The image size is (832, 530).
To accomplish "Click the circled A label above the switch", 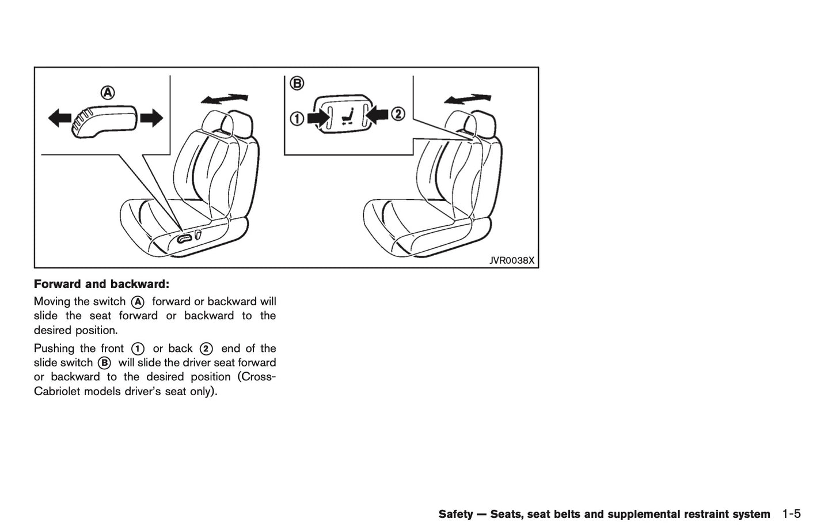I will [x=108, y=92].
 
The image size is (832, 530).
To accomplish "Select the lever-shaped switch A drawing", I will [x=104, y=120].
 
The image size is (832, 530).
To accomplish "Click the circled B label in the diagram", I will [x=296, y=84].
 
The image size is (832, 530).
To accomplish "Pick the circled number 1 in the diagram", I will [x=297, y=119].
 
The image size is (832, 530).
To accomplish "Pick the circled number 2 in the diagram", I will [x=397, y=114].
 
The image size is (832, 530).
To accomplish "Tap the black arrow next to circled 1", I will [x=317, y=118].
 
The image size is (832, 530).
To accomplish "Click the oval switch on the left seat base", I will [x=185, y=238].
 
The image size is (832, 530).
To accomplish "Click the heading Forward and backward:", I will [x=101, y=284].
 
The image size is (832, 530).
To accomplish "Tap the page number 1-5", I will [x=792, y=514].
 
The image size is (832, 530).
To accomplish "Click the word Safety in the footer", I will [x=455, y=514].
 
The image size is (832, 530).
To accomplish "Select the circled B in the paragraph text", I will [x=104, y=363].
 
